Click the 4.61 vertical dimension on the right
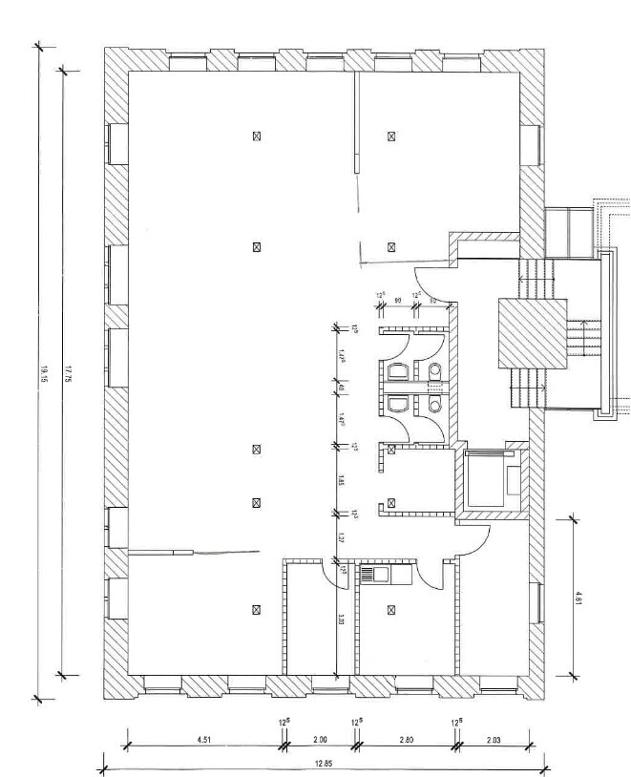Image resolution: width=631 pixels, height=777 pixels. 578,597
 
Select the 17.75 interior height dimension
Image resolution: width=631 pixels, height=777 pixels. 68,372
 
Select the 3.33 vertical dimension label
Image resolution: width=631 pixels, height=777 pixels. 339,619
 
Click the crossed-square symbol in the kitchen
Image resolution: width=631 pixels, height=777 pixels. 391,608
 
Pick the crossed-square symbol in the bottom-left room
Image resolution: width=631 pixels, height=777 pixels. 256,609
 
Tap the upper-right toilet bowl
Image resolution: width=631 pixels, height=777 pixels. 435,370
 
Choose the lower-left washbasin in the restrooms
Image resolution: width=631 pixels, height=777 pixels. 396,405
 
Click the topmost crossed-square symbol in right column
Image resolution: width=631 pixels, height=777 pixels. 391,136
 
